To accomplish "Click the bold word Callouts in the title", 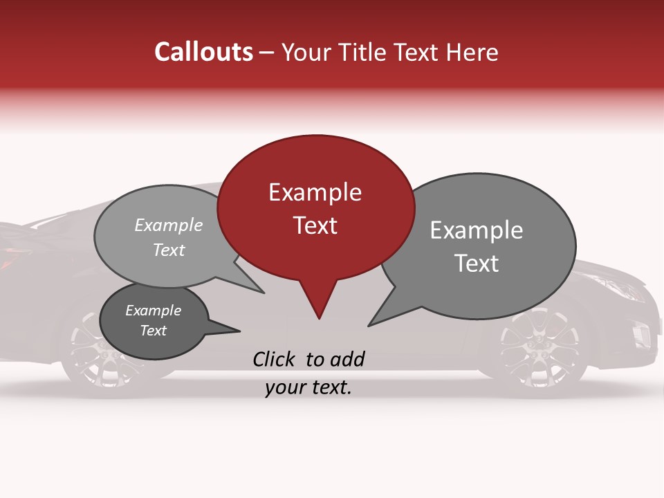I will point(203,52).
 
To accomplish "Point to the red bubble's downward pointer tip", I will point(319,317).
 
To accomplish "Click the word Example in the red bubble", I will point(315,192).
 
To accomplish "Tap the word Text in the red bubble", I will point(315,225).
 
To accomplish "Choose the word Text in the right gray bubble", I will point(477,264).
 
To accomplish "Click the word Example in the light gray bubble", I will point(169,225).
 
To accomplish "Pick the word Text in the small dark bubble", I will point(154,331).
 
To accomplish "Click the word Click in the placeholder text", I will point(275,359).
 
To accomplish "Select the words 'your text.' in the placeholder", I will point(308,388).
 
